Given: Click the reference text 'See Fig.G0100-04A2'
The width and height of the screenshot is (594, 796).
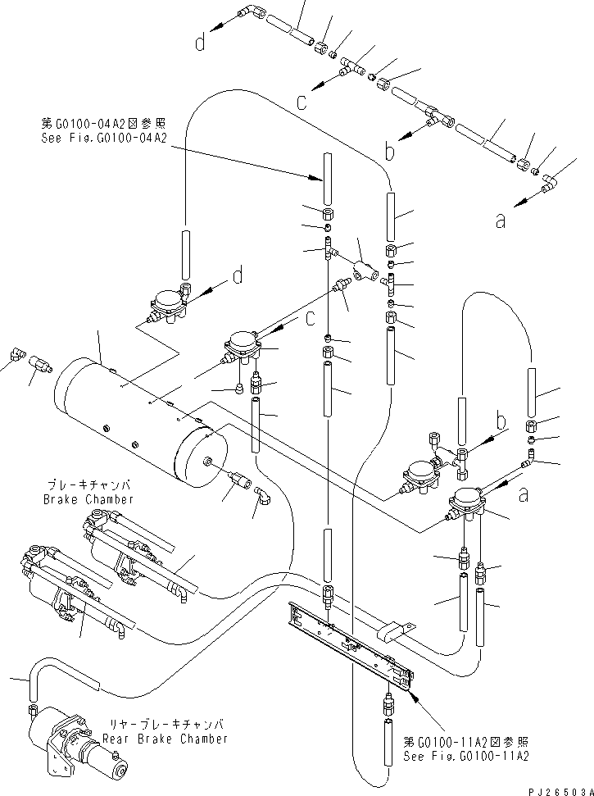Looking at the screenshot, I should (103, 139).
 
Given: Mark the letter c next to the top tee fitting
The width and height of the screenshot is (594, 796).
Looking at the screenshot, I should (301, 102).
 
